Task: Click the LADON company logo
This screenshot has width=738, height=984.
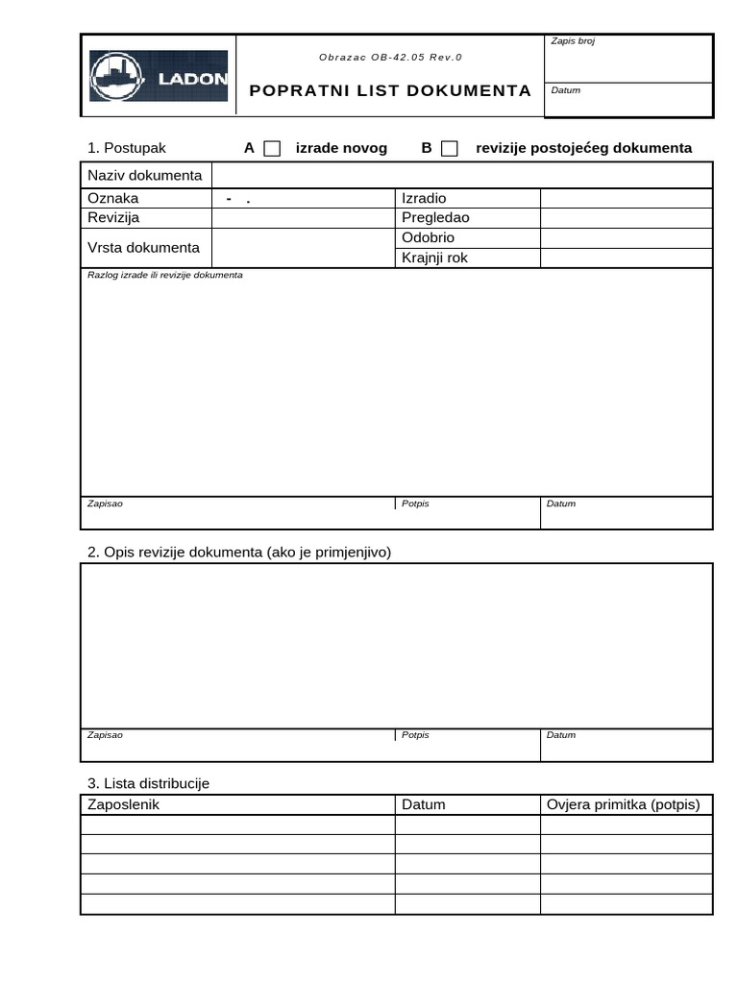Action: pyautogui.click(x=159, y=76)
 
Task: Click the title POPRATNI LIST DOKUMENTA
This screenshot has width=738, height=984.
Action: pyautogui.click(x=389, y=90)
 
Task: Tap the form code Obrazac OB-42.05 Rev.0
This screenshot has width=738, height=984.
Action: pyautogui.click(x=390, y=58)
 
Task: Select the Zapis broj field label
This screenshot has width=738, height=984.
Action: pyautogui.click(x=573, y=41)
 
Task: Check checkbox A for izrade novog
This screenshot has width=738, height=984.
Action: pyautogui.click(x=272, y=148)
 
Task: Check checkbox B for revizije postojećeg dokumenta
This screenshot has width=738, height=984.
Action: pyautogui.click(x=449, y=148)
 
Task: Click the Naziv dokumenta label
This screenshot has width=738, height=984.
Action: pyautogui.click(x=145, y=175)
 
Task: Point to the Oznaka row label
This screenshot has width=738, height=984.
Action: pyautogui.click(x=113, y=198)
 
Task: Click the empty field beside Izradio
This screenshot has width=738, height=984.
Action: pyautogui.click(x=626, y=198)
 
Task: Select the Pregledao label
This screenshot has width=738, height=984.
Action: pyautogui.click(x=435, y=217)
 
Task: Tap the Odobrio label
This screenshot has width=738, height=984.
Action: pyautogui.click(x=428, y=237)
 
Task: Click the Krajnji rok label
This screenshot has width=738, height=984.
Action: pyautogui.click(x=434, y=258)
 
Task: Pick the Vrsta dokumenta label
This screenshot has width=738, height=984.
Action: pyautogui.click(x=143, y=247)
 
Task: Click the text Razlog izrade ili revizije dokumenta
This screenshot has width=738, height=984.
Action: pyautogui.click(x=165, y=275)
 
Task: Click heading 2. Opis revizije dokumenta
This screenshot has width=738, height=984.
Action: pyautogui.click(x=239, y=552)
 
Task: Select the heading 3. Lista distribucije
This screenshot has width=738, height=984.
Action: pyautogui.click(x=148, y=783)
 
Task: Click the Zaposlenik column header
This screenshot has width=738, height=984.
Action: pyautogui.click(x=123, y=804)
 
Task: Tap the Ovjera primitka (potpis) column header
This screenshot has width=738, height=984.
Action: pyautogui.click(x=623, y=804)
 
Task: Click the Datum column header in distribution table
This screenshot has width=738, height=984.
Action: pyautogui.click(x=424, y=804)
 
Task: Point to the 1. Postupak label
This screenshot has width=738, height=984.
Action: pyautogui.click(x=127, y=148)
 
